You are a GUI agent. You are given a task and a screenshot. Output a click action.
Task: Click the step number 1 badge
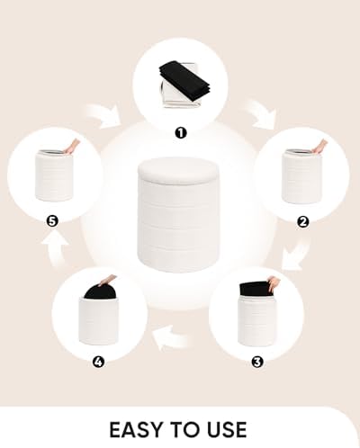click(180, 133)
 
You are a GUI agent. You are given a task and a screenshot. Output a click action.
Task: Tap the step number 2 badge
click(302, 222)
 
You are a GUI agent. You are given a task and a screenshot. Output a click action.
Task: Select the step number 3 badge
click(256, 363)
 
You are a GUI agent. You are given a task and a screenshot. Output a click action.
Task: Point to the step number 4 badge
click(98, 363)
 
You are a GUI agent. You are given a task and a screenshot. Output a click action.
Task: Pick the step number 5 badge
click(52, 222)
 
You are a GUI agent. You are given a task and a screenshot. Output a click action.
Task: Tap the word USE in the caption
click(226, 430)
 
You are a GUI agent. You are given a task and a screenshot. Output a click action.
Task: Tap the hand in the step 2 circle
click(319, 146)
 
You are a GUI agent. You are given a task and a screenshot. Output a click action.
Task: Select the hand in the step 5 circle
click(72, 147)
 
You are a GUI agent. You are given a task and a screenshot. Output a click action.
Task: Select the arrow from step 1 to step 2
click(261, 114)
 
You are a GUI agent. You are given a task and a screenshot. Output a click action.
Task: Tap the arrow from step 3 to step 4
click(170, 338)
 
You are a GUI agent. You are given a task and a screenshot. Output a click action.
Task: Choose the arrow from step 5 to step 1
click(103, 116)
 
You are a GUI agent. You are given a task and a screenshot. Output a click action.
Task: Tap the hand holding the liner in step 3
click(274, 284)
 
